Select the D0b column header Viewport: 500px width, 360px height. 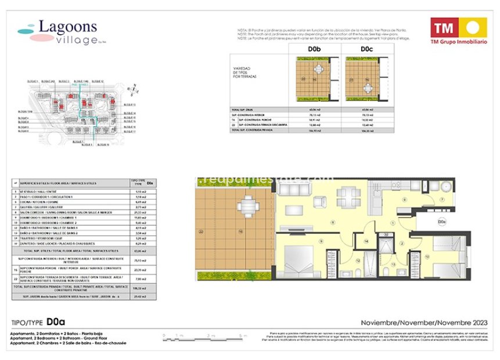coord(314,49)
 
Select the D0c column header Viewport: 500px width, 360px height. coord(366,49)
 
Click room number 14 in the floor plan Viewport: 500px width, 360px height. coord(366,240)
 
